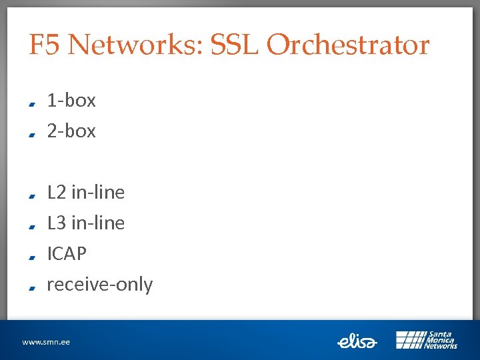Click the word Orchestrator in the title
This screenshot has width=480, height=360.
[347, 45]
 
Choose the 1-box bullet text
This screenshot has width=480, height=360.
[71, 101]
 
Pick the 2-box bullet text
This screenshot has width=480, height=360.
[71, 131]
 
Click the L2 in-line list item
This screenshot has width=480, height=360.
[86, 193]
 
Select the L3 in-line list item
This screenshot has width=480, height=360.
[86, 223]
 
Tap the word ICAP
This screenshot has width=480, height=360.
[67, 254]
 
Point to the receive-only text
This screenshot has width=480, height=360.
[100, 285]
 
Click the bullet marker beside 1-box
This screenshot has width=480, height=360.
[32, 103]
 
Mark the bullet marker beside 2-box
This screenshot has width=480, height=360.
[32, 134]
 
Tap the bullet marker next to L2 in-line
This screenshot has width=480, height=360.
[32, 195]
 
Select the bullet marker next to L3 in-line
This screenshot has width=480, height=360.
[32, 226]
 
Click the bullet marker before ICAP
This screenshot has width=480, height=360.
[32, 257]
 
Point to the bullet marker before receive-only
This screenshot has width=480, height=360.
[32, 287]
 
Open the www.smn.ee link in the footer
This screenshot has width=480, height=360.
[46, 342]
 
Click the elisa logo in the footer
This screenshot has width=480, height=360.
[357, 341]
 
